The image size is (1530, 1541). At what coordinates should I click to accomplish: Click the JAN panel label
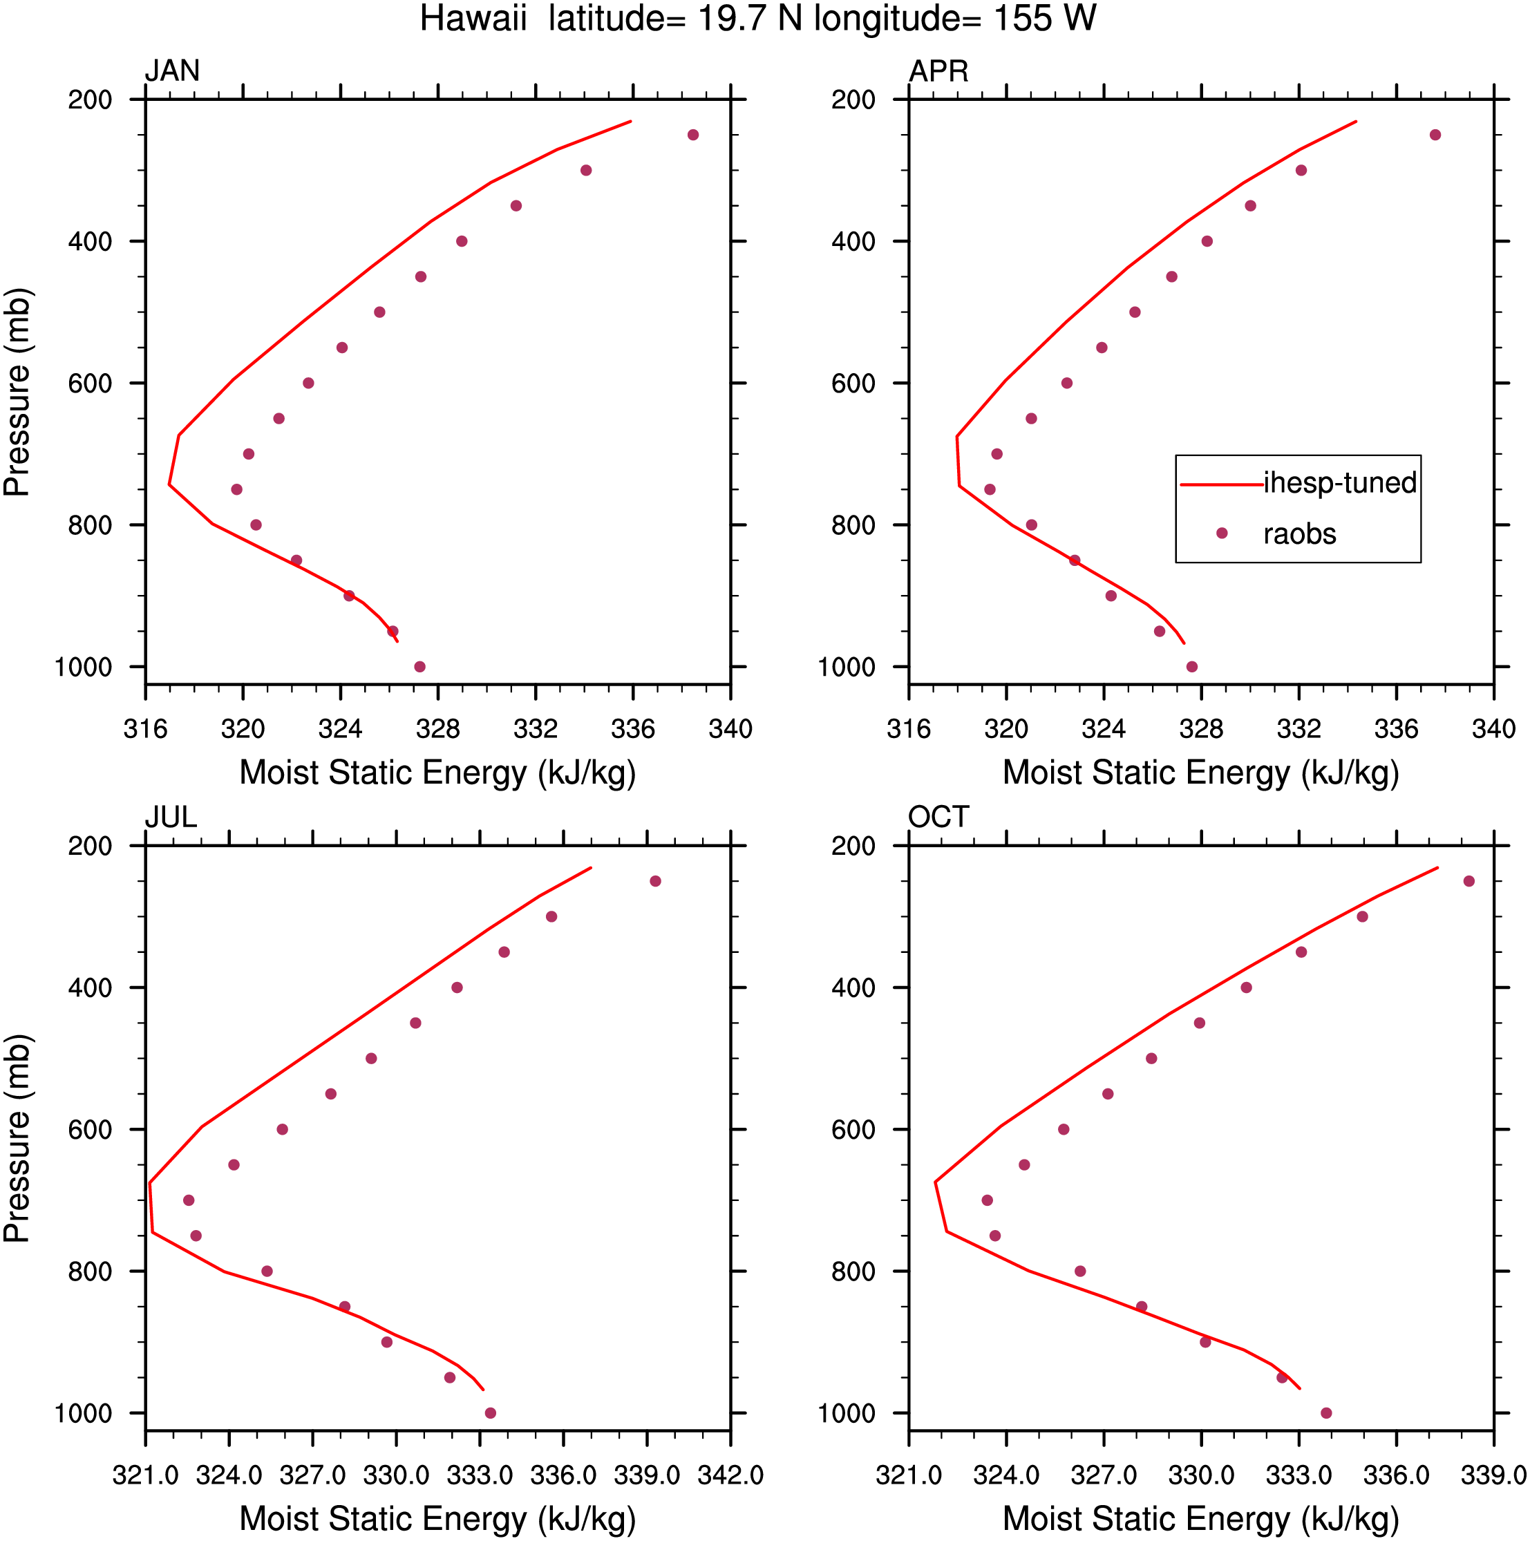pos(171,71)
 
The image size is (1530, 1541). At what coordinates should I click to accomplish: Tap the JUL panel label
pos(171,817)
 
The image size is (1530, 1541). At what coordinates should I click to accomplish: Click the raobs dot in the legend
pos(1221,533)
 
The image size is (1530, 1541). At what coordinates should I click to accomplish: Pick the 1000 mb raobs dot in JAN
pos(419,667)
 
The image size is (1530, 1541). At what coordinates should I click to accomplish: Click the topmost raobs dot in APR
pos(1435,135)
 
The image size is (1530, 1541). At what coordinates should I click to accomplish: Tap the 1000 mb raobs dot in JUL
pos(491,1413)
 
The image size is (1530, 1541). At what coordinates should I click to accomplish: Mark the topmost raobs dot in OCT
pos(1469,881)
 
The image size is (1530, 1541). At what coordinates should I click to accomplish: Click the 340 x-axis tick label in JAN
pos(730,729)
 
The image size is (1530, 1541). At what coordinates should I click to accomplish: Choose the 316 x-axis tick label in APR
pos(909,729)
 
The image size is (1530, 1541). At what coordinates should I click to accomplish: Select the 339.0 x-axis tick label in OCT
pos(1493,1475)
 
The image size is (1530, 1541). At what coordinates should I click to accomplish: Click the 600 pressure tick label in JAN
pos(90,384)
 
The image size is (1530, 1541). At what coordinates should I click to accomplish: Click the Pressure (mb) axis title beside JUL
pos(17,1139)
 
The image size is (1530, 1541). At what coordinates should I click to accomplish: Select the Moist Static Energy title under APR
pos(1200,773)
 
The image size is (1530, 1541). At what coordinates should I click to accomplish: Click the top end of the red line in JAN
pos(631,121)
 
